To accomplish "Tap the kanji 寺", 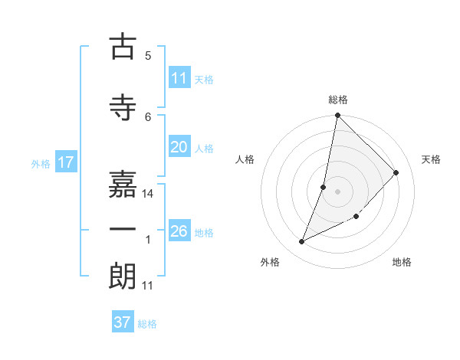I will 123,106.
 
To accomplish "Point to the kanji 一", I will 123,228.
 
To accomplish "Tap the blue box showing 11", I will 179,78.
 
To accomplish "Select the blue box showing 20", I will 179,147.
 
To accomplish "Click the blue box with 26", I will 179,231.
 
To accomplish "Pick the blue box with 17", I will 65,162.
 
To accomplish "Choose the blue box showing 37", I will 123,322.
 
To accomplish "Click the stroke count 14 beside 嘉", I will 149,194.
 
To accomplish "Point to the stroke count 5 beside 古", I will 148,55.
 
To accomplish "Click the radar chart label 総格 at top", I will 338,100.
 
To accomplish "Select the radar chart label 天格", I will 432,159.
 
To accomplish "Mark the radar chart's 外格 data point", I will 301,242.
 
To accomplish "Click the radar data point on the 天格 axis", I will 396,172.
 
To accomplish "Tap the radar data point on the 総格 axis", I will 337,115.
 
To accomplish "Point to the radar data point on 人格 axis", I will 324,187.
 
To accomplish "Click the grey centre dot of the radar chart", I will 337,191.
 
